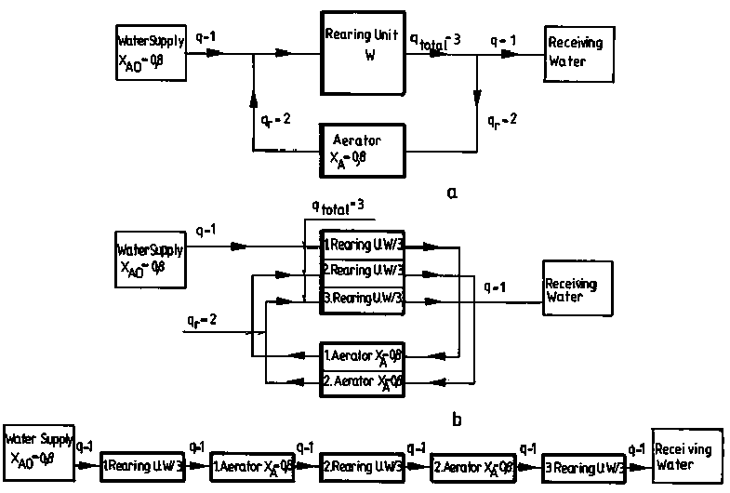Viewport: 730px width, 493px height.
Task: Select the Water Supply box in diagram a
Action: point(149,52)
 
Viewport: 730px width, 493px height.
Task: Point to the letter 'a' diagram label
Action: point(452,193)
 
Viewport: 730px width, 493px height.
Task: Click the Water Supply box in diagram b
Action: point(149,259)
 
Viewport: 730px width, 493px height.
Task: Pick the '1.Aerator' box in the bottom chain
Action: point(252,464)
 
